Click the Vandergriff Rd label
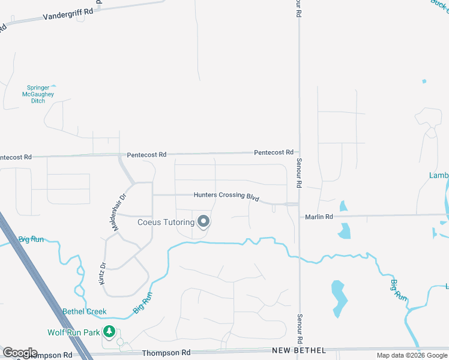[68, 14]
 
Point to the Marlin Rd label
[318, 217]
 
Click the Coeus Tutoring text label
[166, 223]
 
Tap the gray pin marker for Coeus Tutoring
[203, 222]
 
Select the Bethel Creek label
[85, 311]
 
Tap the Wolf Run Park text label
[74, 332]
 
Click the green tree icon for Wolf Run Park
[109, 331]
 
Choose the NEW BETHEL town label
[298, 350]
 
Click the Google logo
[19, 353]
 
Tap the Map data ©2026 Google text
[412, 356]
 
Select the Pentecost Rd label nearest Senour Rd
[273, 152]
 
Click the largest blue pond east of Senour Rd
[338, 298]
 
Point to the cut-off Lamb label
[439, 175]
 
